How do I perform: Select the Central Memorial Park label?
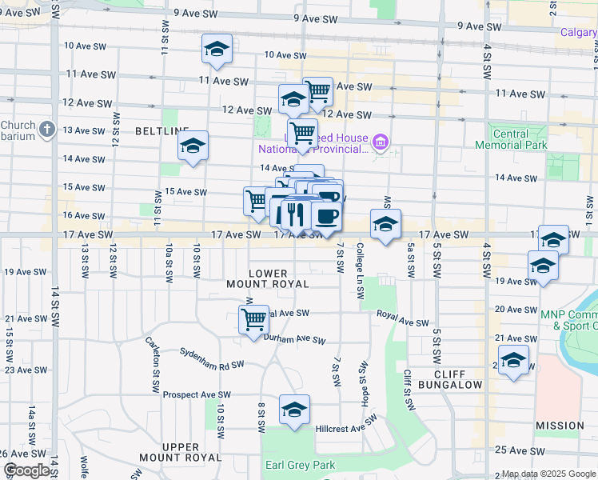tap(512, 139)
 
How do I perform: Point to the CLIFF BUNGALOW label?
tap(459, 379)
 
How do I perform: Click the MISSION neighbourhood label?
tap(560, 426)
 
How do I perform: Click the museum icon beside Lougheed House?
tap(381, 143)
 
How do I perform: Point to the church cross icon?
tap(47, 129)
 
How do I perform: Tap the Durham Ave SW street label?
tap(295, 339)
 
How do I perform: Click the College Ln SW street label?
tap(361, 270)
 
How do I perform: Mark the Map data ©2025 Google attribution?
tap(548, 474)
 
